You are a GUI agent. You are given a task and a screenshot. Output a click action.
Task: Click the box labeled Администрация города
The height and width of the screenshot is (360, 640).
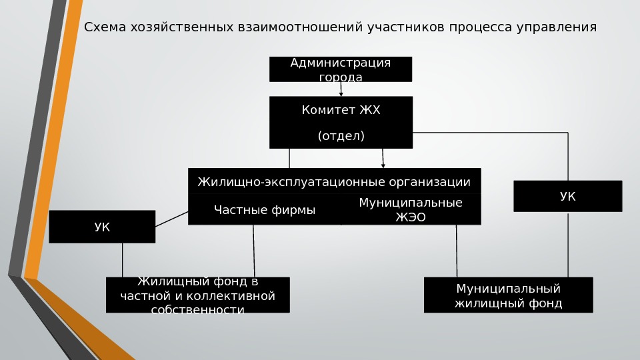(340, 69)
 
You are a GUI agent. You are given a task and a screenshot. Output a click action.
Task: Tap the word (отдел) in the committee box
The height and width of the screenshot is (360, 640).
(341, 136)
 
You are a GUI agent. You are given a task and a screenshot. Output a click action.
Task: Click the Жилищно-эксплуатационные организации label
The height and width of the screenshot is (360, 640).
(334, 182)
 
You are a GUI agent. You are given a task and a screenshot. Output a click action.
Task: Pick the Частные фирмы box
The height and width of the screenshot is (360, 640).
(265, 211)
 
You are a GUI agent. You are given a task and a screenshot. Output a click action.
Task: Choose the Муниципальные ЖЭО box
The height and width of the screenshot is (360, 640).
(411, 209)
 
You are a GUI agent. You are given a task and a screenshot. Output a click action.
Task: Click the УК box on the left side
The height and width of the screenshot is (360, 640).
(102, 227)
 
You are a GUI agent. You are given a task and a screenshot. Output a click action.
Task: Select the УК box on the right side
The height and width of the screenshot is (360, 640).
(567, 196)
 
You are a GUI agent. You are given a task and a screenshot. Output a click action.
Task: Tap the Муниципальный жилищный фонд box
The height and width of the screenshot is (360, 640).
(508, 295)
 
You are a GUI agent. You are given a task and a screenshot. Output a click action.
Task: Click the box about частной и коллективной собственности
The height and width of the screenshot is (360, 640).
(197, 295)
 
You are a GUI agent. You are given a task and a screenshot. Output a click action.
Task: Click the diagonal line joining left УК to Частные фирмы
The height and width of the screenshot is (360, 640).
(172, 219)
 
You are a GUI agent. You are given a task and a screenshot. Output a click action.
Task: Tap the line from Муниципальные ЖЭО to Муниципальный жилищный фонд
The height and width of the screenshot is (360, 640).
(457, 251)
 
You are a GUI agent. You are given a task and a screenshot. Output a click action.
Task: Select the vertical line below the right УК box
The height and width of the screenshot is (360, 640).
(568, 244)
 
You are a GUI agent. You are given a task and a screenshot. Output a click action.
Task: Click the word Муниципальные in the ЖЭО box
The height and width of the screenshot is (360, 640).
(411, 203)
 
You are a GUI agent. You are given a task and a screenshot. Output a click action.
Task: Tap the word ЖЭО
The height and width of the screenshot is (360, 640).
(411, 217)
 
